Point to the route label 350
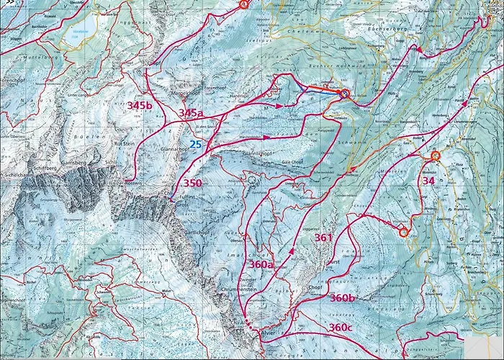(192, 183)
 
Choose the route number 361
(324, 237)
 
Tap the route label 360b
(343, 297)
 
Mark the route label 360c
(342, 327)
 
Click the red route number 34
(428, 181)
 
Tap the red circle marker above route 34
(435, 155)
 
